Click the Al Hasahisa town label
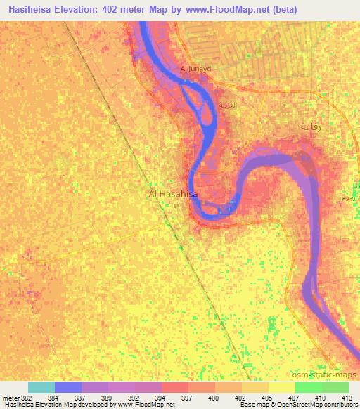click(x=173, y=193)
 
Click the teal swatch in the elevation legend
click(x=41, y=387)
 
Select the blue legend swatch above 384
click(x=67, y=387)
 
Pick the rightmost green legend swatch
click(x=335, y=387)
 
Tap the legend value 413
click(x=348, y=397)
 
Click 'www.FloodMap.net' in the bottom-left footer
click(x=147, y=405)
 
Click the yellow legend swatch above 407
click(x=281, y=387)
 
